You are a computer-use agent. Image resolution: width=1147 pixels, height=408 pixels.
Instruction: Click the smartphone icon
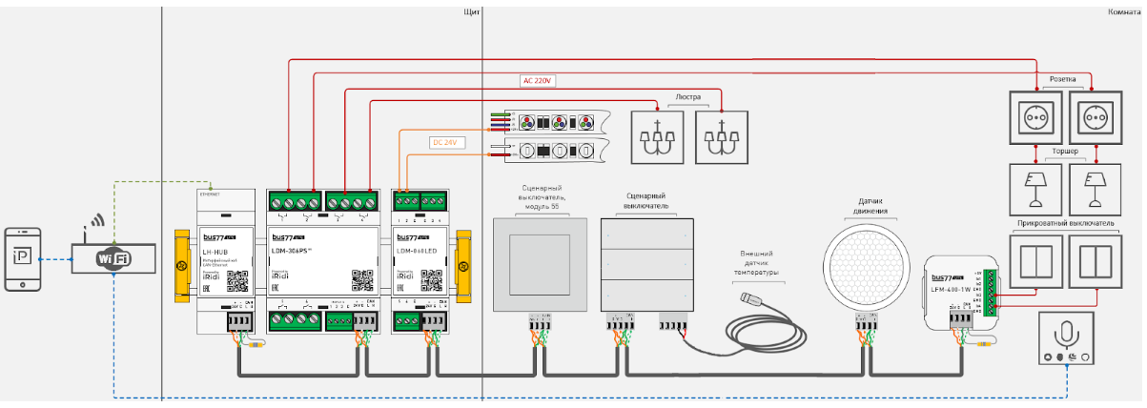click(23, 258)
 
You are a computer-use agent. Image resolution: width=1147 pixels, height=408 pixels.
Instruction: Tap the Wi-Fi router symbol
click(113, 257)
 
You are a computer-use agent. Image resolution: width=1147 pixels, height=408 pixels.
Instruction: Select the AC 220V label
click(538, 80)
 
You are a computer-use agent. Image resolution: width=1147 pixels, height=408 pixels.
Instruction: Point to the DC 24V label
click(445, 143)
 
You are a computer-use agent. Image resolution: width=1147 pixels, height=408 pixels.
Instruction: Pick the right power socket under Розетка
click(1091, 117)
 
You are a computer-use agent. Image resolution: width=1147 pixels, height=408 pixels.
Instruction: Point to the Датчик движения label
click(870, 206)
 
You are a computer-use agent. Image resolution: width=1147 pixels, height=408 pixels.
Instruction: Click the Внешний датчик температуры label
click(759, 264)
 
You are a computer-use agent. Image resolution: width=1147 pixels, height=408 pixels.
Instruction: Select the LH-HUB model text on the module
click(214, 251)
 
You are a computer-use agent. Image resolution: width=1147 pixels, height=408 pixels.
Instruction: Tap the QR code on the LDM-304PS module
click(362, 280)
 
